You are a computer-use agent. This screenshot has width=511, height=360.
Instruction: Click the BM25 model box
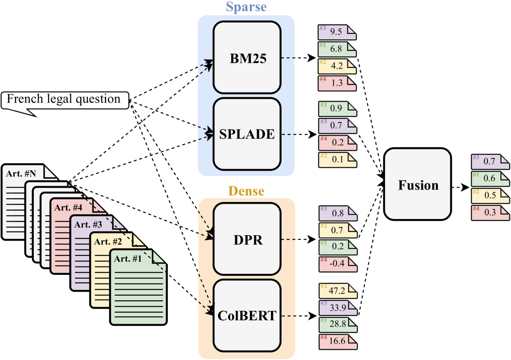point(247,58)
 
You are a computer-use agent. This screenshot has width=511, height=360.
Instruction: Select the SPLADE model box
point(247,134)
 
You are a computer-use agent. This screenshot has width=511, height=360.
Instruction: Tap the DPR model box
point(247,239)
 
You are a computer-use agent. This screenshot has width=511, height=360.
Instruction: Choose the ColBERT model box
point(247,315)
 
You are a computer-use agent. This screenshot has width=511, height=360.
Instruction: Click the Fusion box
point(417,184)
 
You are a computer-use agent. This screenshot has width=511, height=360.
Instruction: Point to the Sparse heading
point(246,7)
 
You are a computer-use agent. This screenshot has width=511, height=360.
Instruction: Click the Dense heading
point(246,191)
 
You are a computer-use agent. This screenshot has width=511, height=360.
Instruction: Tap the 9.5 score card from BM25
point(337,32)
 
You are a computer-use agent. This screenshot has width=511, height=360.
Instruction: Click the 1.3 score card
point(337,83)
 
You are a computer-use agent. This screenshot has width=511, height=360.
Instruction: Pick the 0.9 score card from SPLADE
point(337,109)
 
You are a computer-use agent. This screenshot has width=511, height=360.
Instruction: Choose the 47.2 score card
point(338,291)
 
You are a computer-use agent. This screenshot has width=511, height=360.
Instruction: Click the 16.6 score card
point(338,341)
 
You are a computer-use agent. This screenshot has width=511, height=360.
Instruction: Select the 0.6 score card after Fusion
point(490,179)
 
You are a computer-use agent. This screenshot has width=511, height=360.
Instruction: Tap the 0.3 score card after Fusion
point(490,213)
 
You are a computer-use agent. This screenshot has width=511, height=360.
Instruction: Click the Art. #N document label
point(21,174)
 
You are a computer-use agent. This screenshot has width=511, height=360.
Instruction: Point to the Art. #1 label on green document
point(128,259)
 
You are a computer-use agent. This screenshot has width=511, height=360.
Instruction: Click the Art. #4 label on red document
point(68,208)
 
